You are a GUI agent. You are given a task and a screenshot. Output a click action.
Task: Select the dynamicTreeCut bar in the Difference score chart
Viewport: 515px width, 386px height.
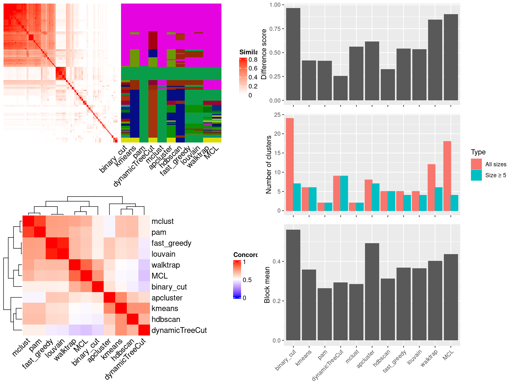[341, 88]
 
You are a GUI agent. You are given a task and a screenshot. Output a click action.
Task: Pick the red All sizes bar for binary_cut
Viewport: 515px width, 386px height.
[290, 164]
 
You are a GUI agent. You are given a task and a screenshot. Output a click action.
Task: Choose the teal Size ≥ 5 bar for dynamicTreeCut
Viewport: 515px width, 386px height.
[344, 193]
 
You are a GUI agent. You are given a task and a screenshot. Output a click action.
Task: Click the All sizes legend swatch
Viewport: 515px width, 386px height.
[476, 164]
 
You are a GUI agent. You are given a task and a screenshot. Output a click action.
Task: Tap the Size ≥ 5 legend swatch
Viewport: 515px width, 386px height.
[476, 175]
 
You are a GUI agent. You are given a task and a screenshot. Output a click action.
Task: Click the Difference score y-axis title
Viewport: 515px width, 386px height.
[264, 54]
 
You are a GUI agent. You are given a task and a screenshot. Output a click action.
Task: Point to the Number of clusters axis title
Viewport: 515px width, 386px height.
[269, 164]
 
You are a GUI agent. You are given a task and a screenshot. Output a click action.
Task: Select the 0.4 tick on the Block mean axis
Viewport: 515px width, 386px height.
[276, 262]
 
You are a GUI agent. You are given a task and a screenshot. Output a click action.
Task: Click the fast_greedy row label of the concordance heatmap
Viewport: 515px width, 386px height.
[171, 243]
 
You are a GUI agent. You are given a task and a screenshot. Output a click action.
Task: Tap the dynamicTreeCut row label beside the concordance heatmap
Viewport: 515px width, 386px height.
[179, 330]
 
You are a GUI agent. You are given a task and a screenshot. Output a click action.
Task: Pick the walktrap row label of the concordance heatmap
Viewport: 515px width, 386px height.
[165, 265]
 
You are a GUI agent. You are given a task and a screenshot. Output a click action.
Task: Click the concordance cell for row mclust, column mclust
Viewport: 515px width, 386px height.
[28, 221]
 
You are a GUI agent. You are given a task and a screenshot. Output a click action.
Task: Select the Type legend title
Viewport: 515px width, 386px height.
[478, 152]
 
